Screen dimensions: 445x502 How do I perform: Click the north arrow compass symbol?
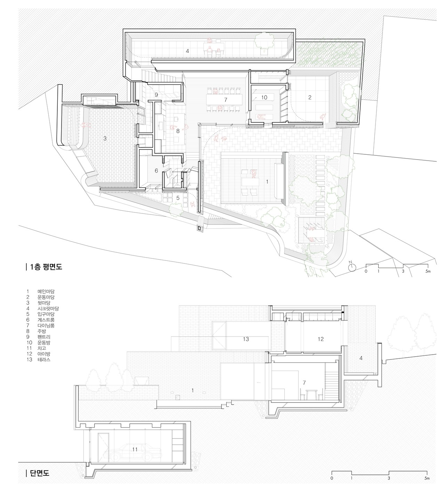[x=352, y=267]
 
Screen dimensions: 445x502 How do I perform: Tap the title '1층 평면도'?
[x=46, y=267]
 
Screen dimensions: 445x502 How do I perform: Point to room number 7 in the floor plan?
[x=226, y=100]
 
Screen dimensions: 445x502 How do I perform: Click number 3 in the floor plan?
[x=105, y=138]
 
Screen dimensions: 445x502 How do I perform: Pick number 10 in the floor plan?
[x=264, y=97]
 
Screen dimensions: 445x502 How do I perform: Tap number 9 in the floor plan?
[x=156, y=95]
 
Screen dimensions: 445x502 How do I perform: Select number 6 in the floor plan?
[x=156, y=170]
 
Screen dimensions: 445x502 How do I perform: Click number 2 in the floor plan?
[x=310, y=97]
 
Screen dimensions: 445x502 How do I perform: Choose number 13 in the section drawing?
[x=246, y=339]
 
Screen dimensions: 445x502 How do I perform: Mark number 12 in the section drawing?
[x=321, y=339]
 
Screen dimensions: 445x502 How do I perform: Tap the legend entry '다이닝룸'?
[x=46, y=325]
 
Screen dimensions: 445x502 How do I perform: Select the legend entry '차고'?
[x=42, y=348]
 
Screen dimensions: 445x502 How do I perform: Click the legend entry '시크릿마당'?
[x=48, y=308]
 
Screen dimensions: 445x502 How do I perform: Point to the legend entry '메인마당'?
[x=46, y=291]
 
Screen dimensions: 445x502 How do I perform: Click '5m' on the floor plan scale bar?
[x=428, y=271]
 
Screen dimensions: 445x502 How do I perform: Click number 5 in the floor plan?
[x=178, y=198]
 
